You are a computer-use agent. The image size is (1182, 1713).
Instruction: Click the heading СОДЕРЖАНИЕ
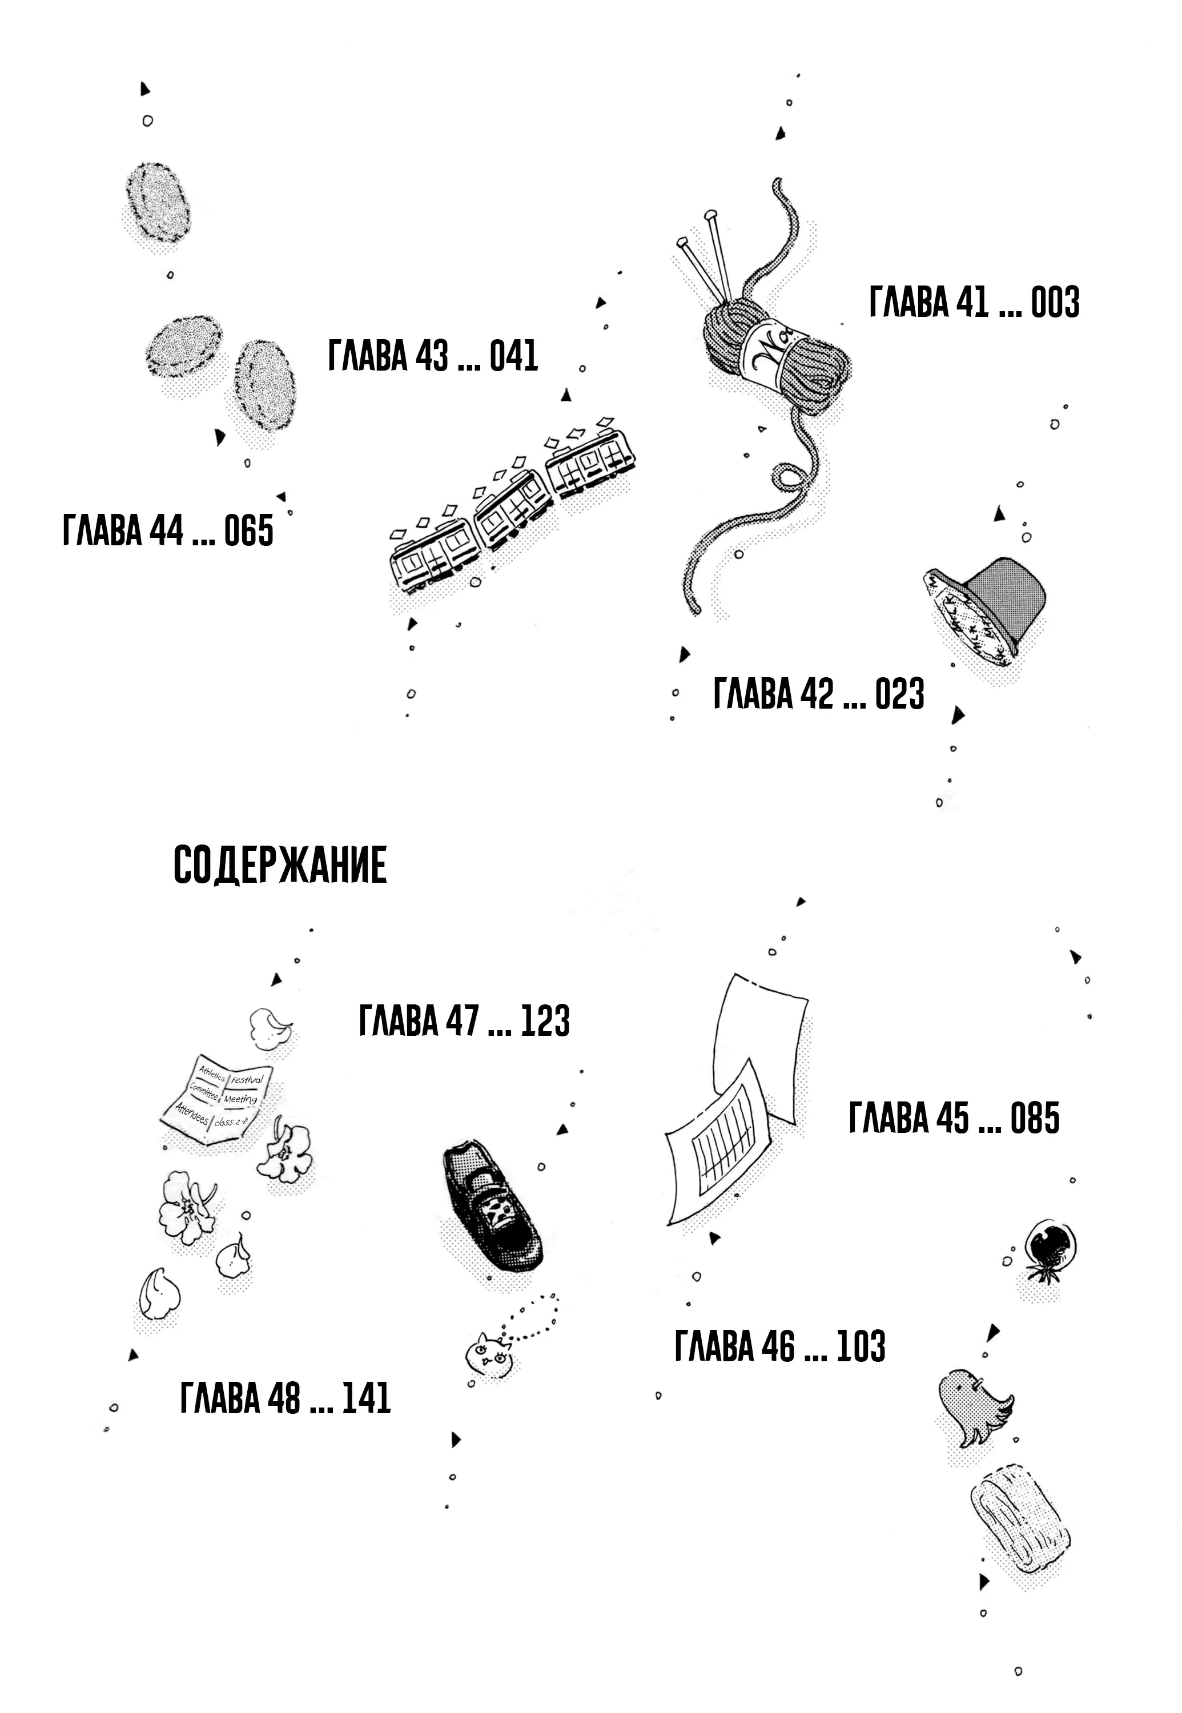coord(280,864)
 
